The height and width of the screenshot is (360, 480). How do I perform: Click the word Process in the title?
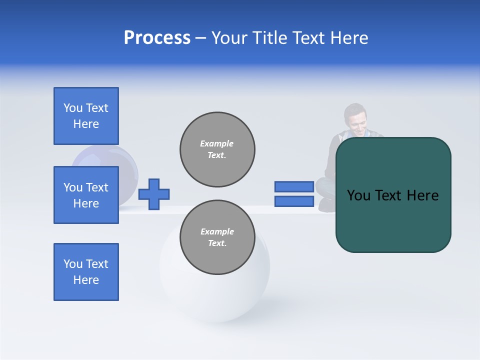coord(157,38)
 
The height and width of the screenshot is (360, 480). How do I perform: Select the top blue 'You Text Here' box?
coord(86,116)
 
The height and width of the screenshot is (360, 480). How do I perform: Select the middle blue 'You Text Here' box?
coord(86,195)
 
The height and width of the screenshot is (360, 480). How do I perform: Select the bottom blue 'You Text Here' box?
coord(86,272)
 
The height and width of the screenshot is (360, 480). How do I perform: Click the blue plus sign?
coord(154,194)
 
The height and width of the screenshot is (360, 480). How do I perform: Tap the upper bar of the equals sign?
coord(294,186)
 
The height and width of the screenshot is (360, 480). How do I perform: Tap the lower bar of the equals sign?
coord(294,201)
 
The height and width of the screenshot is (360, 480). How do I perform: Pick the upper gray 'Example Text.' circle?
coord(217,149)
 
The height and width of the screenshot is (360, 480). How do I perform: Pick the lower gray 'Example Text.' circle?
coord(217,237)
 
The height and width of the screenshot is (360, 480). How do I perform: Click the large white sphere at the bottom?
coord(215,295)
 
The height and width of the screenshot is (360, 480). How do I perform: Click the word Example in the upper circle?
coord(216,143)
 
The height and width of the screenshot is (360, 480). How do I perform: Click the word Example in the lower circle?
coord(216,231)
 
